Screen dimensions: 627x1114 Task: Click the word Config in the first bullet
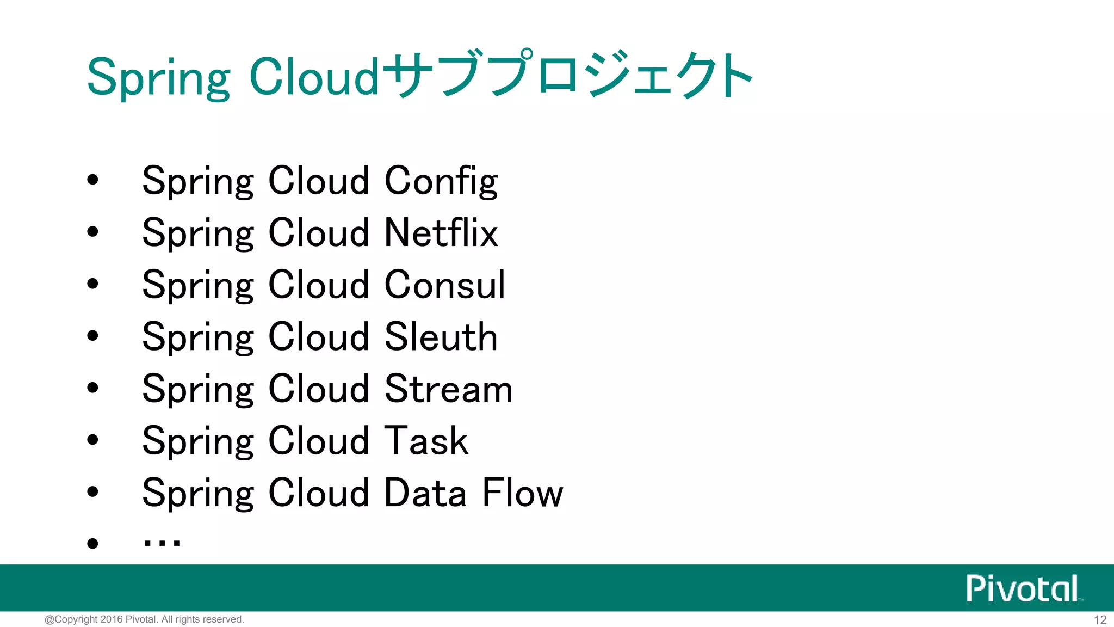[x=441, y=181]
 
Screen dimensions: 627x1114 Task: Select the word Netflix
[x=441, y=233]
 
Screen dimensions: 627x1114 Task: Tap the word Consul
[x=444, y=285]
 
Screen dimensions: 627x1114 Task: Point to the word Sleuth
[x=441, y=337]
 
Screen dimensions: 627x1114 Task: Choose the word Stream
[x=448, y=389]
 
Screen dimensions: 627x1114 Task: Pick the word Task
[x=426, y=441]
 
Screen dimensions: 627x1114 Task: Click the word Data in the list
[x=425, y=493]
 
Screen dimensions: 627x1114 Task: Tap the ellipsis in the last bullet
[x=162, y=542]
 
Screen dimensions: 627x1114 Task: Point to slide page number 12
[x=1100, y=620]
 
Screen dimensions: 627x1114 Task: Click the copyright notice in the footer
[x=144, y=619]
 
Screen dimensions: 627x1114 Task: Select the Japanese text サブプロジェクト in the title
[x=568, y=75]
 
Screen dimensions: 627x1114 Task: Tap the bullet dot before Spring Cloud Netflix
[x=93, y=232]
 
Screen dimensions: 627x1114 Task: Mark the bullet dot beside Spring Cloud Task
[x=93, y=440]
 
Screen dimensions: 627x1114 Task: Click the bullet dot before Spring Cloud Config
[x=93, y=180]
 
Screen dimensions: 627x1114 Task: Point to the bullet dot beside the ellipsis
[x=93, y=543]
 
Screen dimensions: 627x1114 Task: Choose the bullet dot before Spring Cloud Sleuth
[x=93, y=336]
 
